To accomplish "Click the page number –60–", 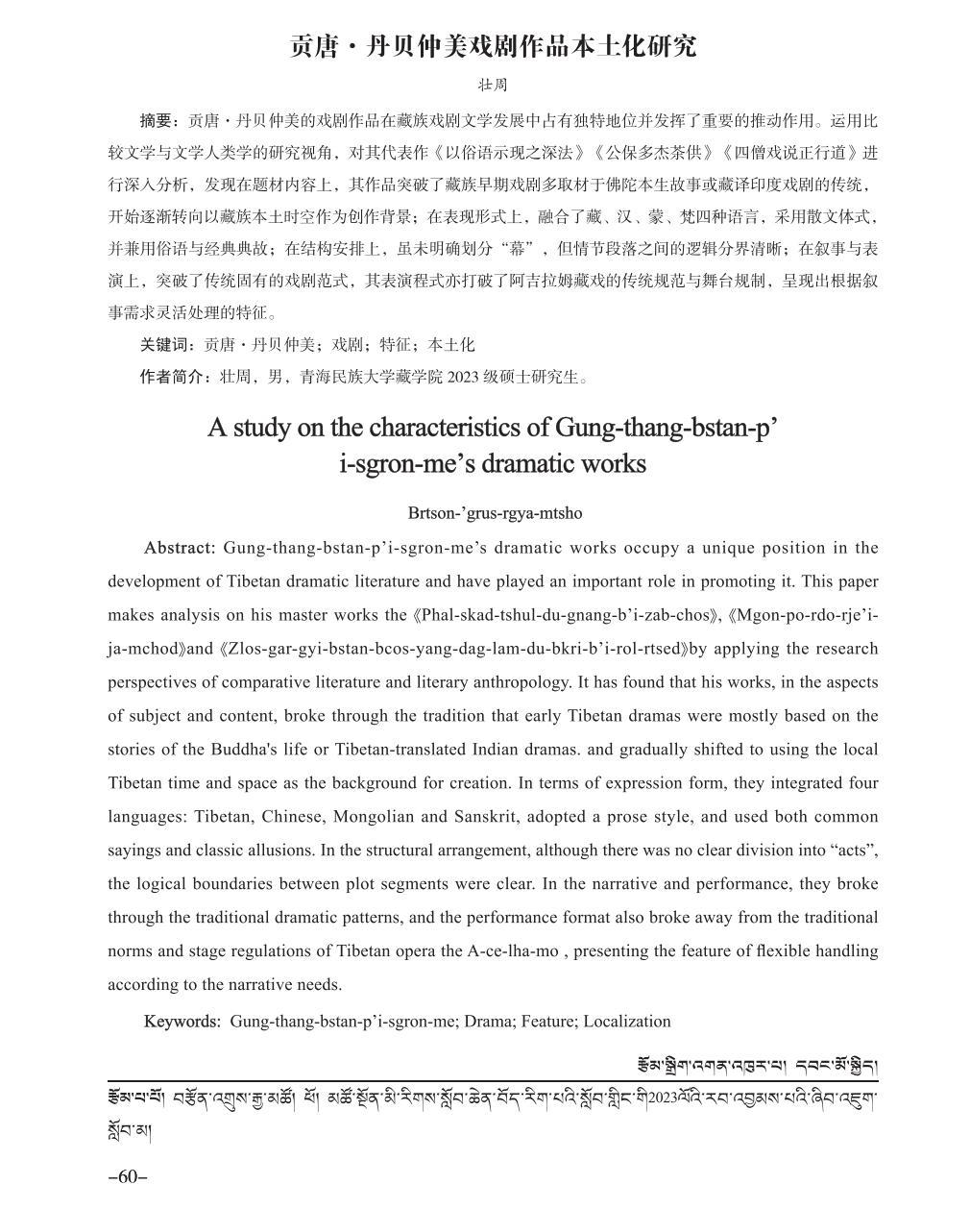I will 127,1177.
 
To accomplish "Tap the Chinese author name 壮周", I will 493,86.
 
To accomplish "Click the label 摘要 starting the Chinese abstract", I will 158,121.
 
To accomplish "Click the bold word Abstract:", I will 180,548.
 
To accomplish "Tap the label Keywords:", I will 182,1022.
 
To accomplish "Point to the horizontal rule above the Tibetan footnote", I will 493,1083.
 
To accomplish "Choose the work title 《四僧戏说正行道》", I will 787,153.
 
